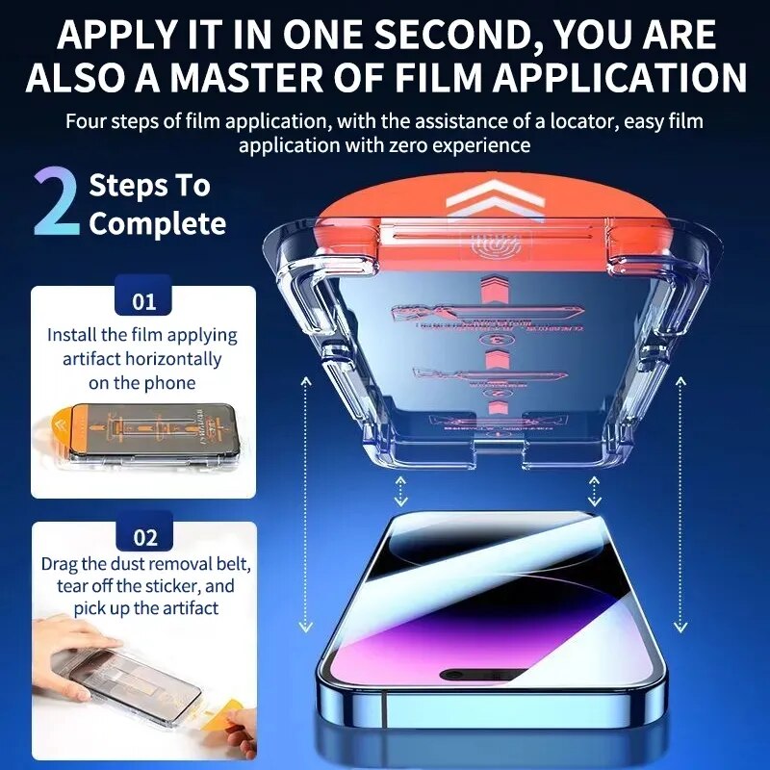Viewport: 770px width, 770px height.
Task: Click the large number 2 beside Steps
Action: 56,203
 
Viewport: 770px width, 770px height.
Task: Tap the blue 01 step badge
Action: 143,301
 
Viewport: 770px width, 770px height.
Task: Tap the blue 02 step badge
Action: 143,537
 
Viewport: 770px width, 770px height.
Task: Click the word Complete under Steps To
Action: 158,224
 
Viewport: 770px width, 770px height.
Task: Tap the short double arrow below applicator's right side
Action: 595,490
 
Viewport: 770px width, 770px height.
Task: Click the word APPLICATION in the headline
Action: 594,78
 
